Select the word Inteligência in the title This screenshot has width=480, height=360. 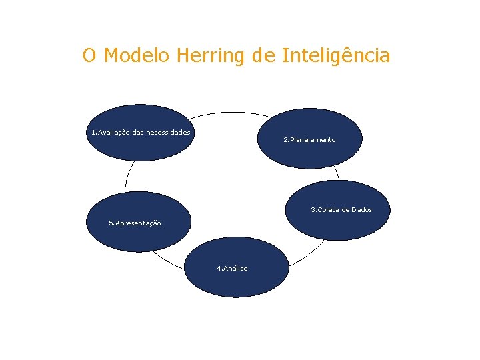pos(336,55)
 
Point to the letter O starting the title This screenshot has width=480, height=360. pos(89,55)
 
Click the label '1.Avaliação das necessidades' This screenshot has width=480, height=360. pos(141,132)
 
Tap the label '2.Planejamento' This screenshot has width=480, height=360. pos(309,140)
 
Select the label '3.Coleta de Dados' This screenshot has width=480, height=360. pos(341,210)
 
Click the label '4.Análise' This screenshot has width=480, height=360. pos(232,269)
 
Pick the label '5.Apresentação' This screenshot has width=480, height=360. pos(135,223)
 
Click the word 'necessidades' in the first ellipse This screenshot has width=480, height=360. pos(168,132)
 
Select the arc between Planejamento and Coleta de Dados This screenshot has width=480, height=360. pos(337,173)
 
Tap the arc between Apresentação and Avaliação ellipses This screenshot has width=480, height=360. pos(126,177)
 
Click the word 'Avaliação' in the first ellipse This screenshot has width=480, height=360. pos(113,132)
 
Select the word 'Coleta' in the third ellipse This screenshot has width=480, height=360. pos(328,210)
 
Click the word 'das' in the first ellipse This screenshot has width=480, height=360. pos(138,132)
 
